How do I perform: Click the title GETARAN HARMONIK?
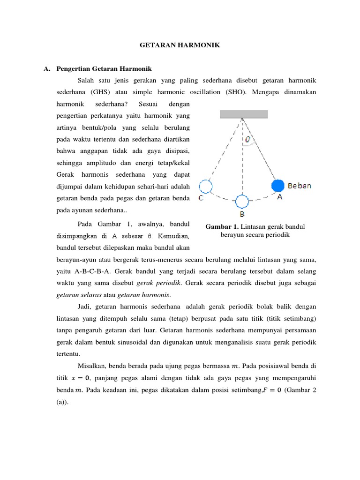point(180,45)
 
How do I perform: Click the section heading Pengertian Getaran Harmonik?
point(104,69)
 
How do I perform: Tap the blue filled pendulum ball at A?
point(278,186)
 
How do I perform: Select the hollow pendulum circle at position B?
point(242,202)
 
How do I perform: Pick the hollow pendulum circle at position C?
point(205,187)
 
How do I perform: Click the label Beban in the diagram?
point(299,186)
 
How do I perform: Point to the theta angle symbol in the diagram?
point(247,139)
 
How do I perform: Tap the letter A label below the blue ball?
point(279,197)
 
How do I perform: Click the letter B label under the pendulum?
point(242,215)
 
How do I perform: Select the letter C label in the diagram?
point(201,198)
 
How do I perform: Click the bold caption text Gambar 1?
point(222,227)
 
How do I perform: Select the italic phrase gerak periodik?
point(158,283)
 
